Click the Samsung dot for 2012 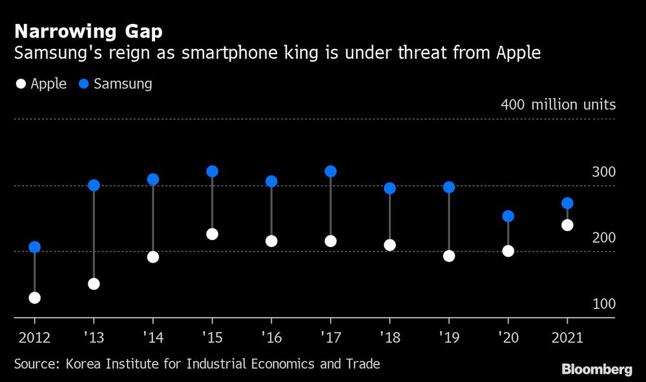coord(35,247)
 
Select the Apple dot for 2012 coord(35,298)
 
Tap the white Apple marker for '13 coord(94,284)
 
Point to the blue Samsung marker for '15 coord(212,172)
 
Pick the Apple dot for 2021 coord(567,225)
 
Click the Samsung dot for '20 coord(508,216)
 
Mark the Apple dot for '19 coord(449,256)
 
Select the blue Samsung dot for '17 coord(331,172)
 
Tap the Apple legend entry coord(40,84)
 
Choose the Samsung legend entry coord(115,84)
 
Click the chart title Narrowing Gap coord(88,32)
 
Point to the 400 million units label coord(557,105)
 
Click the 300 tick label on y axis coord(603,172)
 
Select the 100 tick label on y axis coord(603,304)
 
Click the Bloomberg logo coord(596,369)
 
